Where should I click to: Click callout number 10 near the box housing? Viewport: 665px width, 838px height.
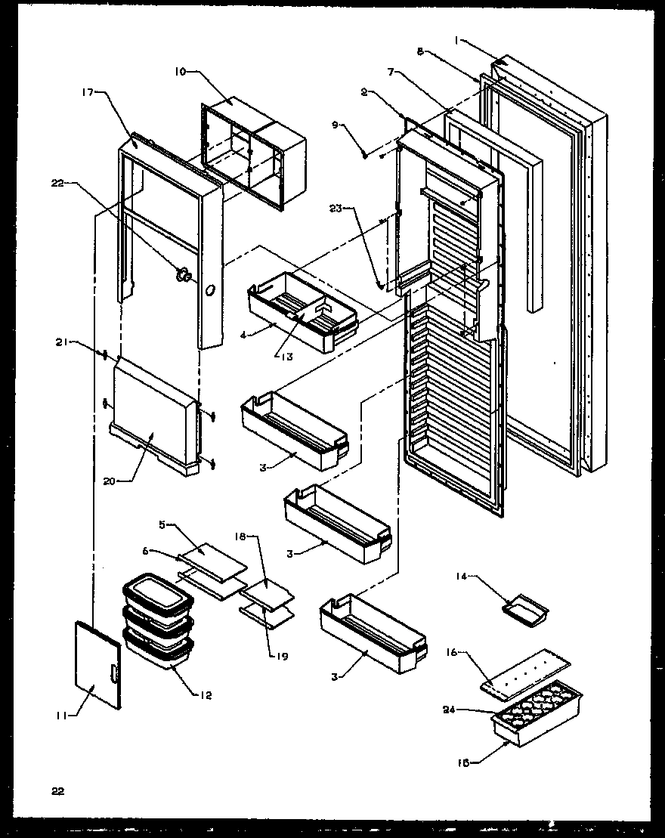click(180, 73)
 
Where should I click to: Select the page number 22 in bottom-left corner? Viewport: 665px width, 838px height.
click(58, 791)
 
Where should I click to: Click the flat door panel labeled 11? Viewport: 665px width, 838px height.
click(97, 663)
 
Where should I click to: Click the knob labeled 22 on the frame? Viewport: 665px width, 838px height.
click(183, 276)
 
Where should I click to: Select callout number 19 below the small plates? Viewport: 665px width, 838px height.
click(283, 656)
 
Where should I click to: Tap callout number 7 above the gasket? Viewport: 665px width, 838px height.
click(390, 72)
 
